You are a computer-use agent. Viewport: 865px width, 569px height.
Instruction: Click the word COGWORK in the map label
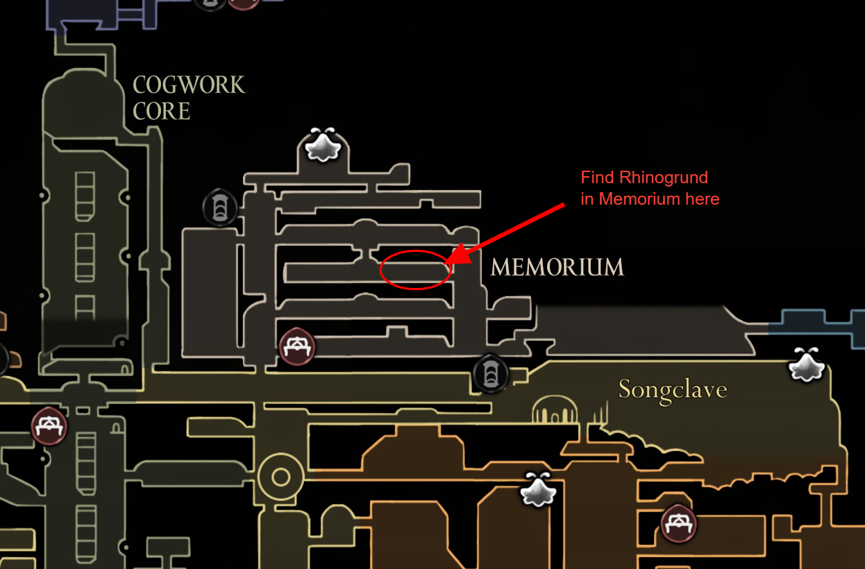click(189, 85)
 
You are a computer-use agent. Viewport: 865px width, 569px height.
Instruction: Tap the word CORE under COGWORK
click(161, 111)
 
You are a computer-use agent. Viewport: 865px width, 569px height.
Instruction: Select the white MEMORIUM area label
click(557, 267)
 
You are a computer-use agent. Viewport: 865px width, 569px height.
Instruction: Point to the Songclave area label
click(672, 390)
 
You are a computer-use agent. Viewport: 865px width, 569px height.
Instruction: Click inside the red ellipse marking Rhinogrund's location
click(415, 269)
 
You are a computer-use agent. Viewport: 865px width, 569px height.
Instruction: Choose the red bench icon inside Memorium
click(297, 346)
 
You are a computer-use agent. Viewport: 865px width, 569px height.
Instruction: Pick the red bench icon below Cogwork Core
click(49, 425)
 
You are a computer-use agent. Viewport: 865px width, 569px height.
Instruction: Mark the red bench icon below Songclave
click(678, 523)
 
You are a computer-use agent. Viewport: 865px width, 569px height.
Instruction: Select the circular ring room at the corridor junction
click(280, 477)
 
